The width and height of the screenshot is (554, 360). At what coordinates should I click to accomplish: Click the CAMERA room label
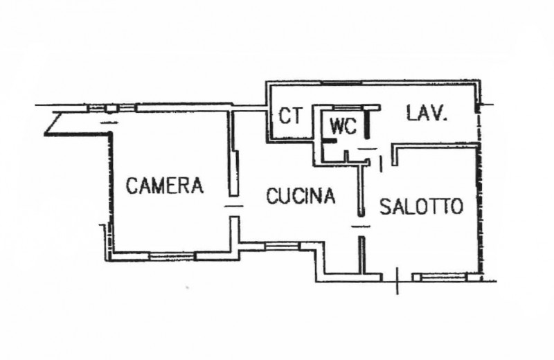click(x=164, y=186)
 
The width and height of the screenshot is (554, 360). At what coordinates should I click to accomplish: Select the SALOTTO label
click(x=420, y=206)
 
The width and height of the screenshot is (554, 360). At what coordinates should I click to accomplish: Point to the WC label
click(x=343, y=127)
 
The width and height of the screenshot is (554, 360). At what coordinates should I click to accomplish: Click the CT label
click(x=291, y=116)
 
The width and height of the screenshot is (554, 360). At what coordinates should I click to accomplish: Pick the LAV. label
click(x=427, y=112)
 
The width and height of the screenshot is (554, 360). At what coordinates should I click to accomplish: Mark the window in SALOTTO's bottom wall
click(x=439, y=277)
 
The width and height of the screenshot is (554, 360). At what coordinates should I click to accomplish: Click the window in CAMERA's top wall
click(x=111, y=108)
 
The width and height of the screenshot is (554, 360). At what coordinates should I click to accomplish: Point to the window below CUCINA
click(x=280, y=244)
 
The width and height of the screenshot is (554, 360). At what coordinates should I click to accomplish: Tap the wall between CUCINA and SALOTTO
click(x=361, y=187)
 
